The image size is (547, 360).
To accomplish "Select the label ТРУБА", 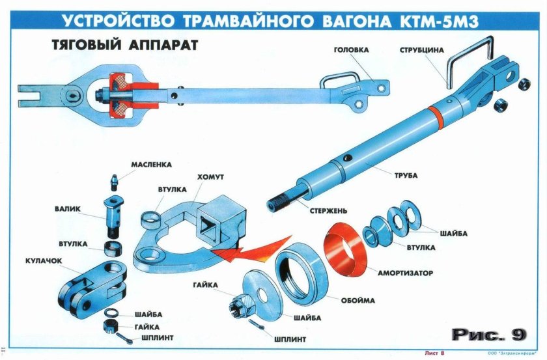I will [404, 175].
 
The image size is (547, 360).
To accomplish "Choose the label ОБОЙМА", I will [358, 301].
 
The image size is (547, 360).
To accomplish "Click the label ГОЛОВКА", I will [351, 50].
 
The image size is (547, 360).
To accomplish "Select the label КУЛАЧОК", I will [44, 258].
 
